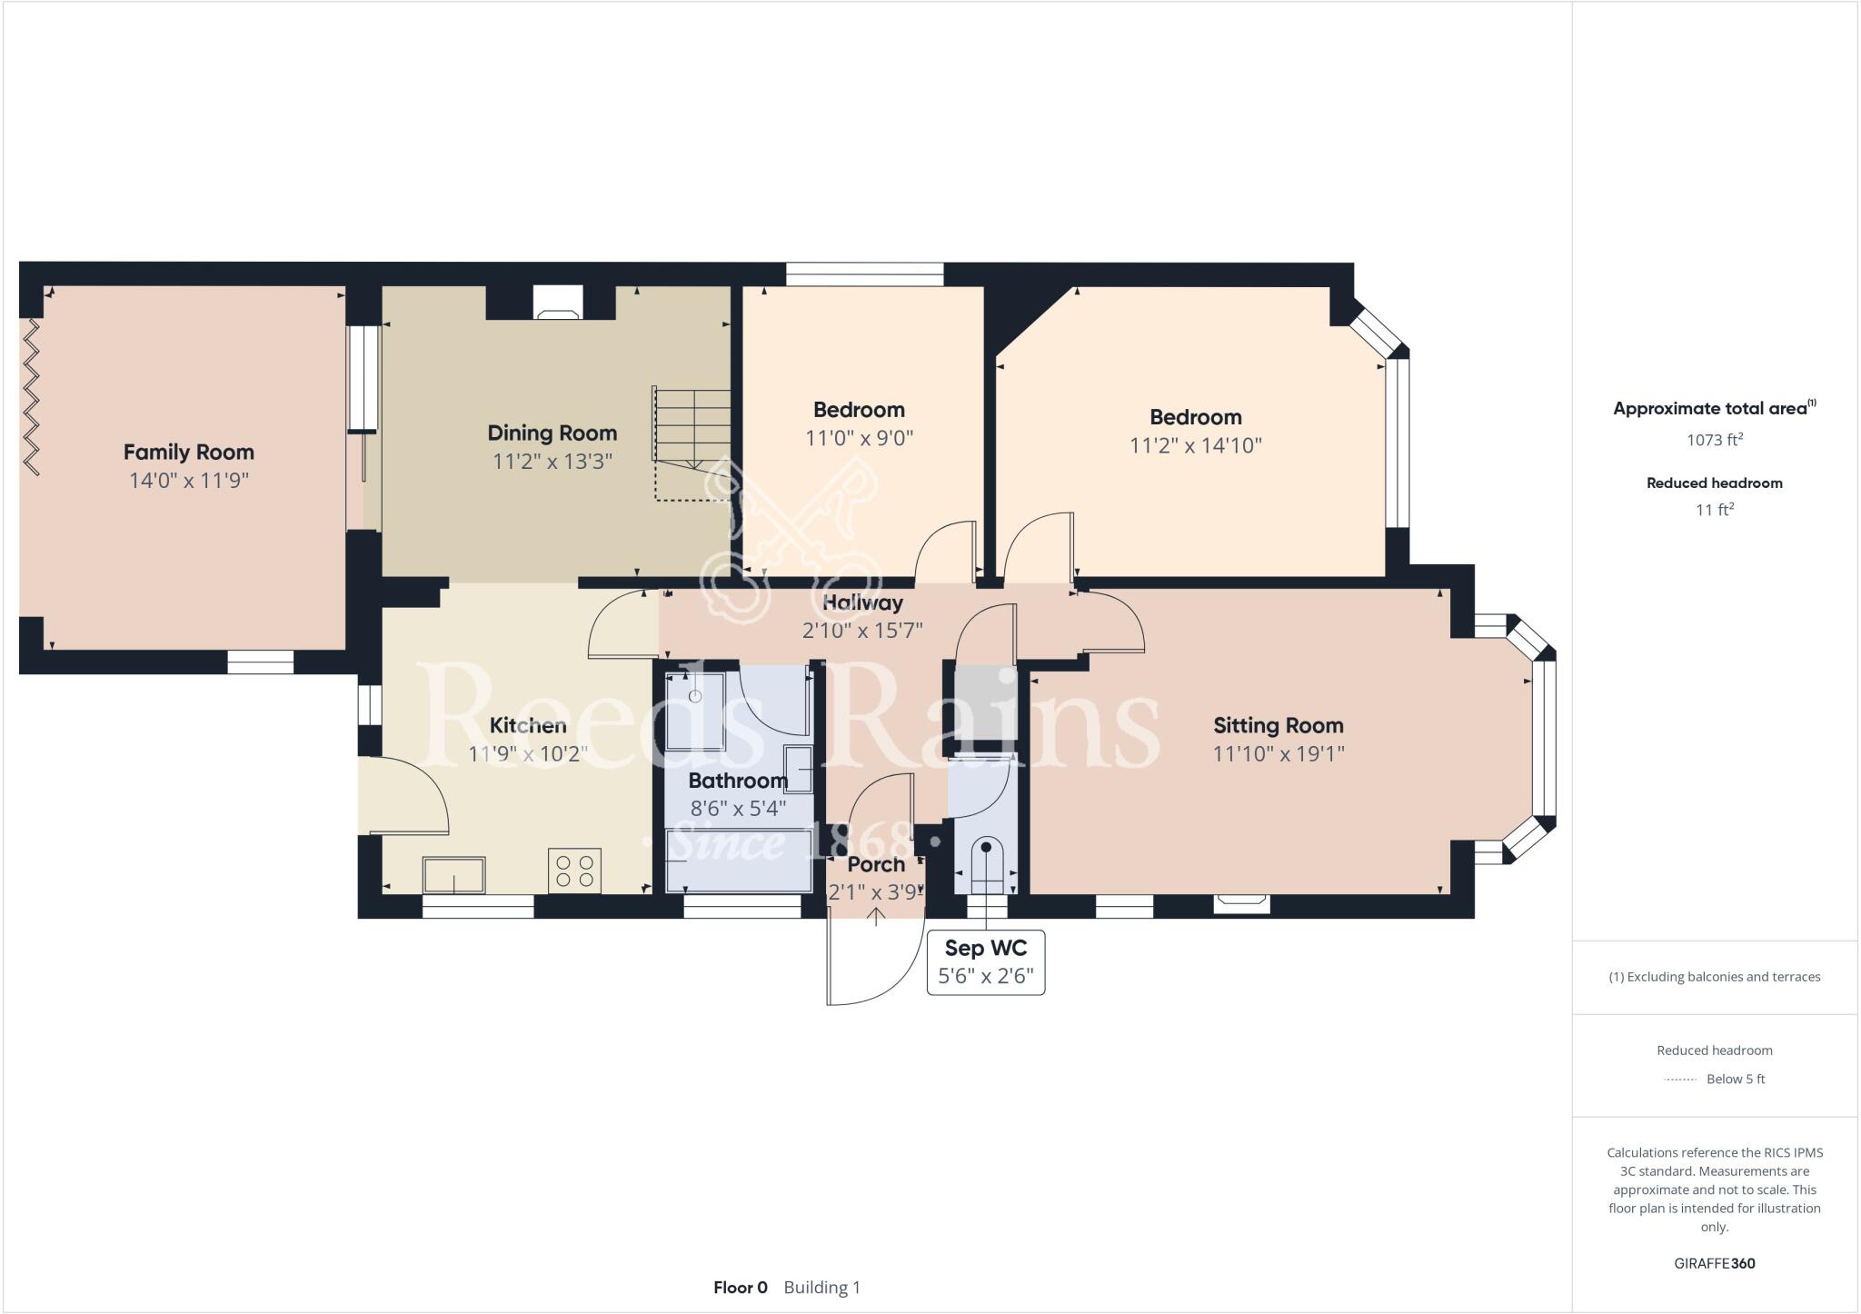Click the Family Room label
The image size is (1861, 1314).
point(188,452)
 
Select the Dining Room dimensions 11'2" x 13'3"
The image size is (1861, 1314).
point(552,462)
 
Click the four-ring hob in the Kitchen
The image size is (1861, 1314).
point(574,871)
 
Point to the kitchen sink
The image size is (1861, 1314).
point(453,875)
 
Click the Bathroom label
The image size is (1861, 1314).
point(737,781)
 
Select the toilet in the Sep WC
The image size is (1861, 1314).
point(986,863)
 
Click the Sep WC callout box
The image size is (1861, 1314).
point(985,962)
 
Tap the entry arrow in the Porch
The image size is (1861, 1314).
point(875,915)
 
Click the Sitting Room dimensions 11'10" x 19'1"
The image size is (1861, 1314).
point(1278,754)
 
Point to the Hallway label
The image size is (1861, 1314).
point(862,602)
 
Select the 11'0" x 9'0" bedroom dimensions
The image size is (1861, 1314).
point(859,438)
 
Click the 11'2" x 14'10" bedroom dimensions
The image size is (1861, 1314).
point(1195,445)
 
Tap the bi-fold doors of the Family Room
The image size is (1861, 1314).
point(31,395)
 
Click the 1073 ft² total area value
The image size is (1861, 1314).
point(1714,440)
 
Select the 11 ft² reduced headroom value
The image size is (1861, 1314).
point(1714,510)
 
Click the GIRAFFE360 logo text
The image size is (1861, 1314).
point(1714,1263)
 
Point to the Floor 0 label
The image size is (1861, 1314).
point(740,1288)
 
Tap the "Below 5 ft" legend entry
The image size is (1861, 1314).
point(1735,1080)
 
